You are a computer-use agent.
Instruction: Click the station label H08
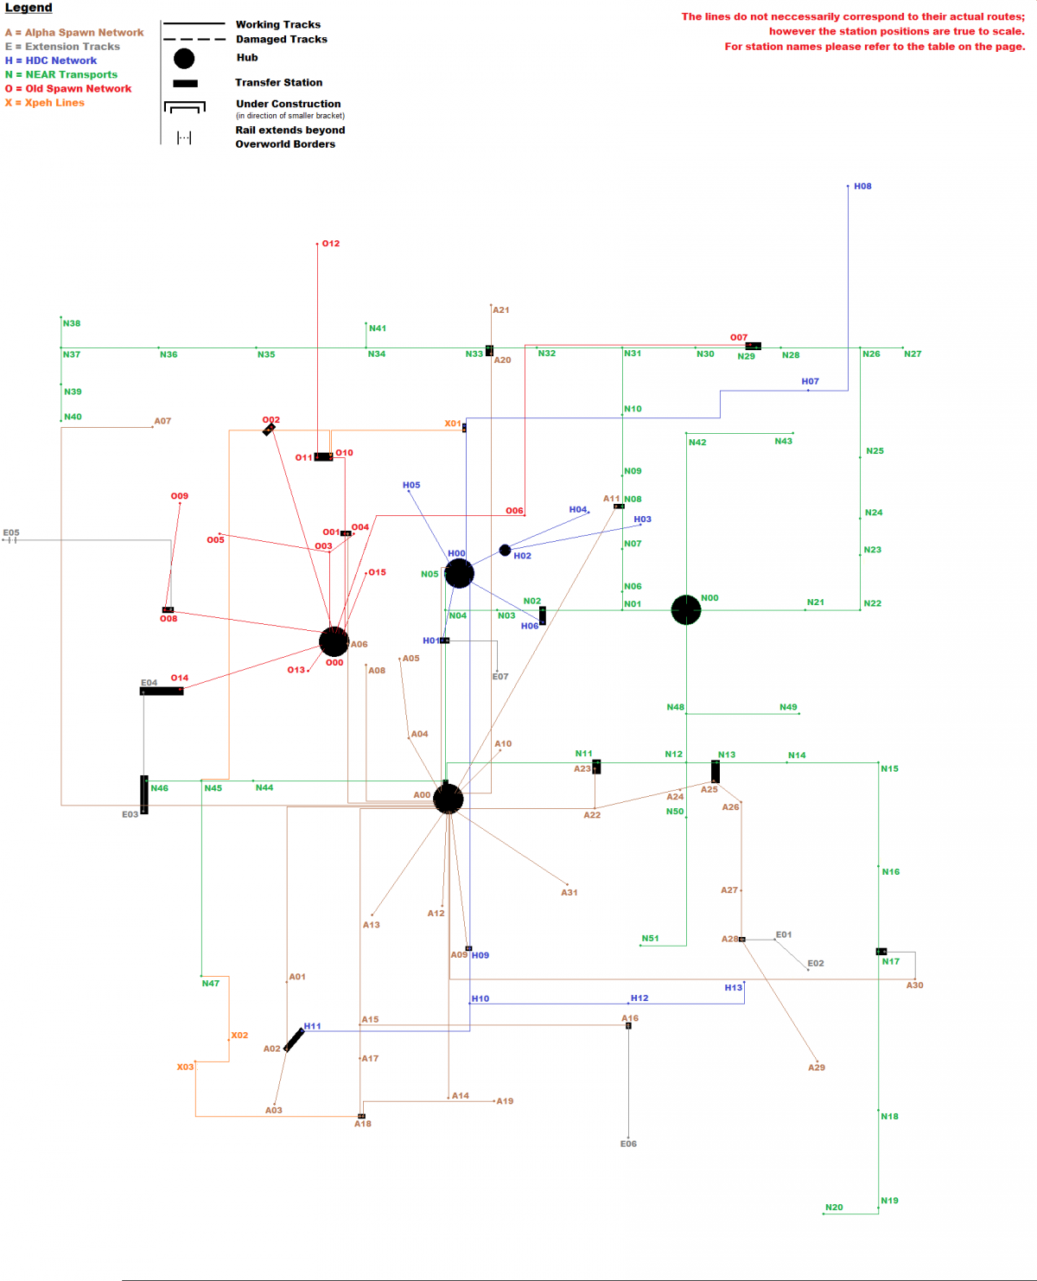862,187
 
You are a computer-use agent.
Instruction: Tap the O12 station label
331,244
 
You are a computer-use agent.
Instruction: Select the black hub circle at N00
686,609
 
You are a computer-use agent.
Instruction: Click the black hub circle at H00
460,573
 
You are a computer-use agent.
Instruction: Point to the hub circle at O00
334,641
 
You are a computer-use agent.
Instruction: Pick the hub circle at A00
448,800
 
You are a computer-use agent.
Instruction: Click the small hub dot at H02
505,550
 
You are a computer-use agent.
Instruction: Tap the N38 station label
72,323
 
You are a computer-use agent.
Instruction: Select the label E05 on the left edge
11,533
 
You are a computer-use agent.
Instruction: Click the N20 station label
834,1208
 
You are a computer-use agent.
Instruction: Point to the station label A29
817,1067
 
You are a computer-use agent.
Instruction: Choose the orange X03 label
185,1067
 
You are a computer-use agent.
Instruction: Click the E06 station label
628,1144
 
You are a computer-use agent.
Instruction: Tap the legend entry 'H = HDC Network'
51,61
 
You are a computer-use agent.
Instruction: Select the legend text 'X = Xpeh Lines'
45,103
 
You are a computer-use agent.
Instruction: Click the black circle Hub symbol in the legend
184,59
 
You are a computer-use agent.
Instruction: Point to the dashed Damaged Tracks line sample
194,40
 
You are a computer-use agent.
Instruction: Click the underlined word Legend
29,8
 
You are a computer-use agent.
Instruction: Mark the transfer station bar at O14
162,691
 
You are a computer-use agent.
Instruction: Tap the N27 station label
913,354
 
